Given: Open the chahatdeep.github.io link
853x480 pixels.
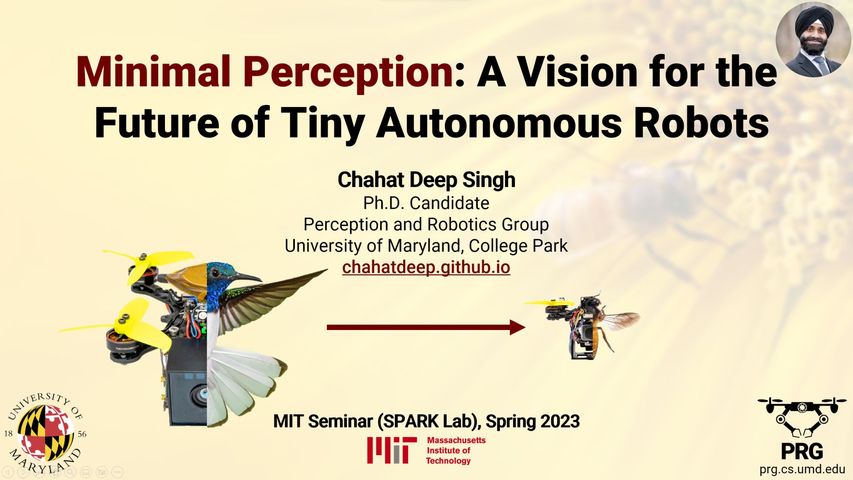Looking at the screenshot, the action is point(426,267).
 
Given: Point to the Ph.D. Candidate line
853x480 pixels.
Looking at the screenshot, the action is point(426,203).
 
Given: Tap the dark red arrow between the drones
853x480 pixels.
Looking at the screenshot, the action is point(426,327).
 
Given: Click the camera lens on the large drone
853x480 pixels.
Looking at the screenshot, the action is point(199,394).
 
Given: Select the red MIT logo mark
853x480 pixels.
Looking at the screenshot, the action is point(392,450).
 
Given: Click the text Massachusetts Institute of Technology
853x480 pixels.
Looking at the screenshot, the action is point(456,450).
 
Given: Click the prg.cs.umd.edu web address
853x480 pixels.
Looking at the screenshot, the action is point(802,469).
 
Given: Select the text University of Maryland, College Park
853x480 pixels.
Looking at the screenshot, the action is point(426,246).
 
